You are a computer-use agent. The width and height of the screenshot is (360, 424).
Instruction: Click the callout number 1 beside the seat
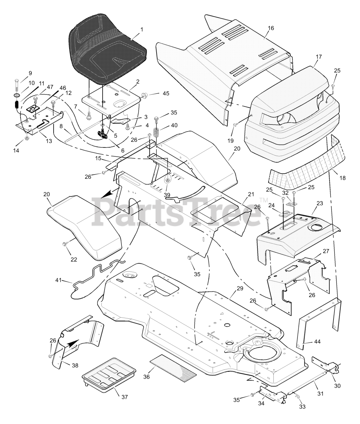point(142,29)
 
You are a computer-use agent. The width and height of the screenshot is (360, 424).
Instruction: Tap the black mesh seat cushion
point(106,50)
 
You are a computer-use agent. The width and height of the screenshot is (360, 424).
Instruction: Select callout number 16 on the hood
point(271,28)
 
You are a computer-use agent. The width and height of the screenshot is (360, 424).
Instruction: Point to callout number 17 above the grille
point(319,57)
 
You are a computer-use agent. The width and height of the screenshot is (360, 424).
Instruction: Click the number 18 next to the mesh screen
point(342,178)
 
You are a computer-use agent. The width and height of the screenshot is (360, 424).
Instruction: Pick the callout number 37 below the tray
point(123,397)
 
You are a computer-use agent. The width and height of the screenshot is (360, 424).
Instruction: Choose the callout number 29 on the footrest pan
point(240,288)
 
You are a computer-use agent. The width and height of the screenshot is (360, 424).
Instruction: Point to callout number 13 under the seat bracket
point(49,141)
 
